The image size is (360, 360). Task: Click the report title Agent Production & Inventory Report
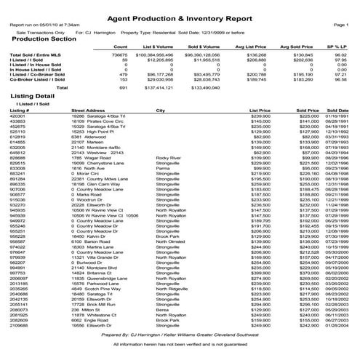coord(180,15)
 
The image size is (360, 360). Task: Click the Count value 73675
coord(119,55)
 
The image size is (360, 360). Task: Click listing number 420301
coord(19,116)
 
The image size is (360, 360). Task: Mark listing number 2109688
coord(20,325)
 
